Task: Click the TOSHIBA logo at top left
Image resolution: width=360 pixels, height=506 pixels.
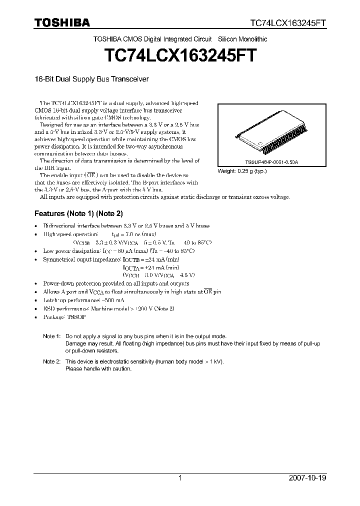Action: pyautogui.click(x=62, y=22)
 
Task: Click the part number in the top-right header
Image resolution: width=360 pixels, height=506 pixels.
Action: pyautogui.click(x=288, y=23)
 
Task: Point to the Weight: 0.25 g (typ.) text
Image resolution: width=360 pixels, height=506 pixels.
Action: pyautogui.click(x=242, y=171)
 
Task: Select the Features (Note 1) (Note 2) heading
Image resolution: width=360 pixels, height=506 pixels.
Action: pyautogui.click(x=78, y=213)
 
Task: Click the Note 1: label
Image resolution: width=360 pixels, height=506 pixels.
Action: pyautogui.click(x=51, y=337)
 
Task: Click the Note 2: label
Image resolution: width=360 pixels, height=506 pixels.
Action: pyautogui.click(x=51, y=361)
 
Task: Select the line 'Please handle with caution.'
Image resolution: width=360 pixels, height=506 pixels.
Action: pyautogui.click(x=98, y=368)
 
